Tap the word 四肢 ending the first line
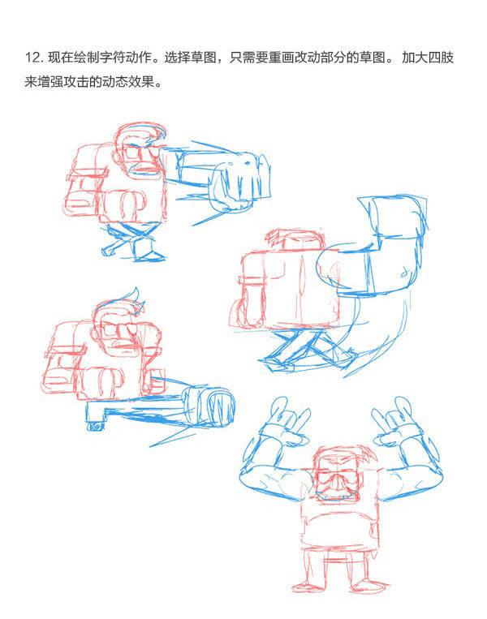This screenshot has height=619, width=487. coord(441,58)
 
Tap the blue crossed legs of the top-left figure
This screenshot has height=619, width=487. coord(132,242)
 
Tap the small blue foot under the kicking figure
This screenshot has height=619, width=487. coord(96,426)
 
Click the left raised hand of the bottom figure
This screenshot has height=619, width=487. coord(284,423)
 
